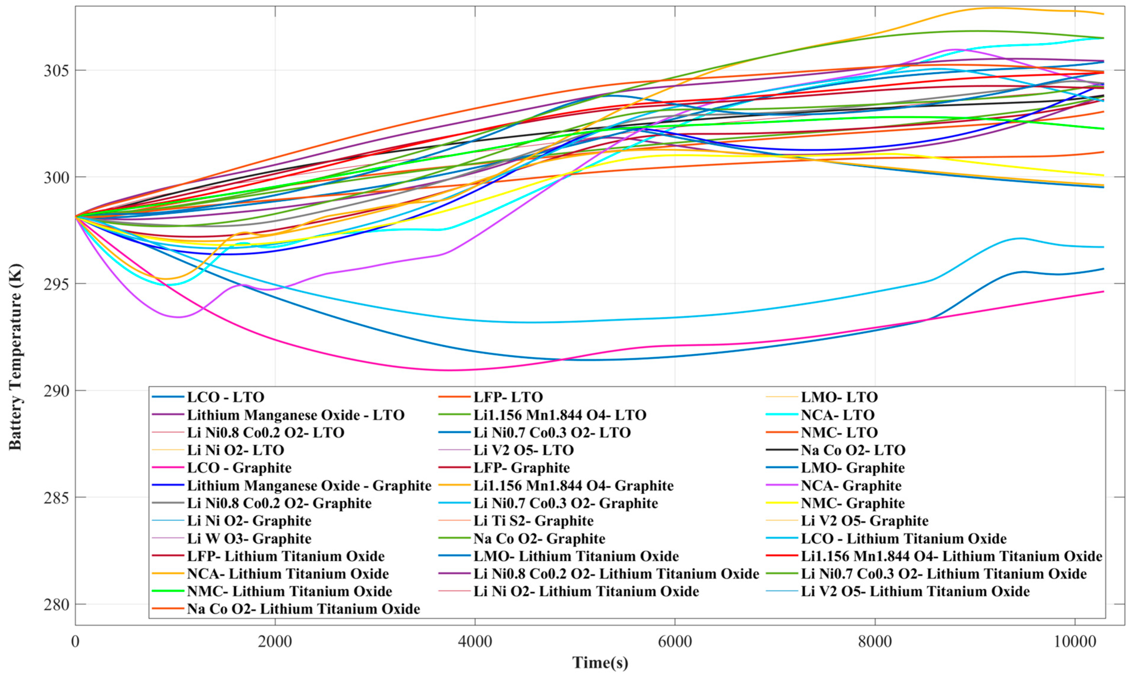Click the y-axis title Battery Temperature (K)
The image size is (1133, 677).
tap(15, 356)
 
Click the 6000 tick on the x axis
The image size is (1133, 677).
tap(675, 641)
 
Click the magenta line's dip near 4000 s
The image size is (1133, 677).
tap(450, 370)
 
